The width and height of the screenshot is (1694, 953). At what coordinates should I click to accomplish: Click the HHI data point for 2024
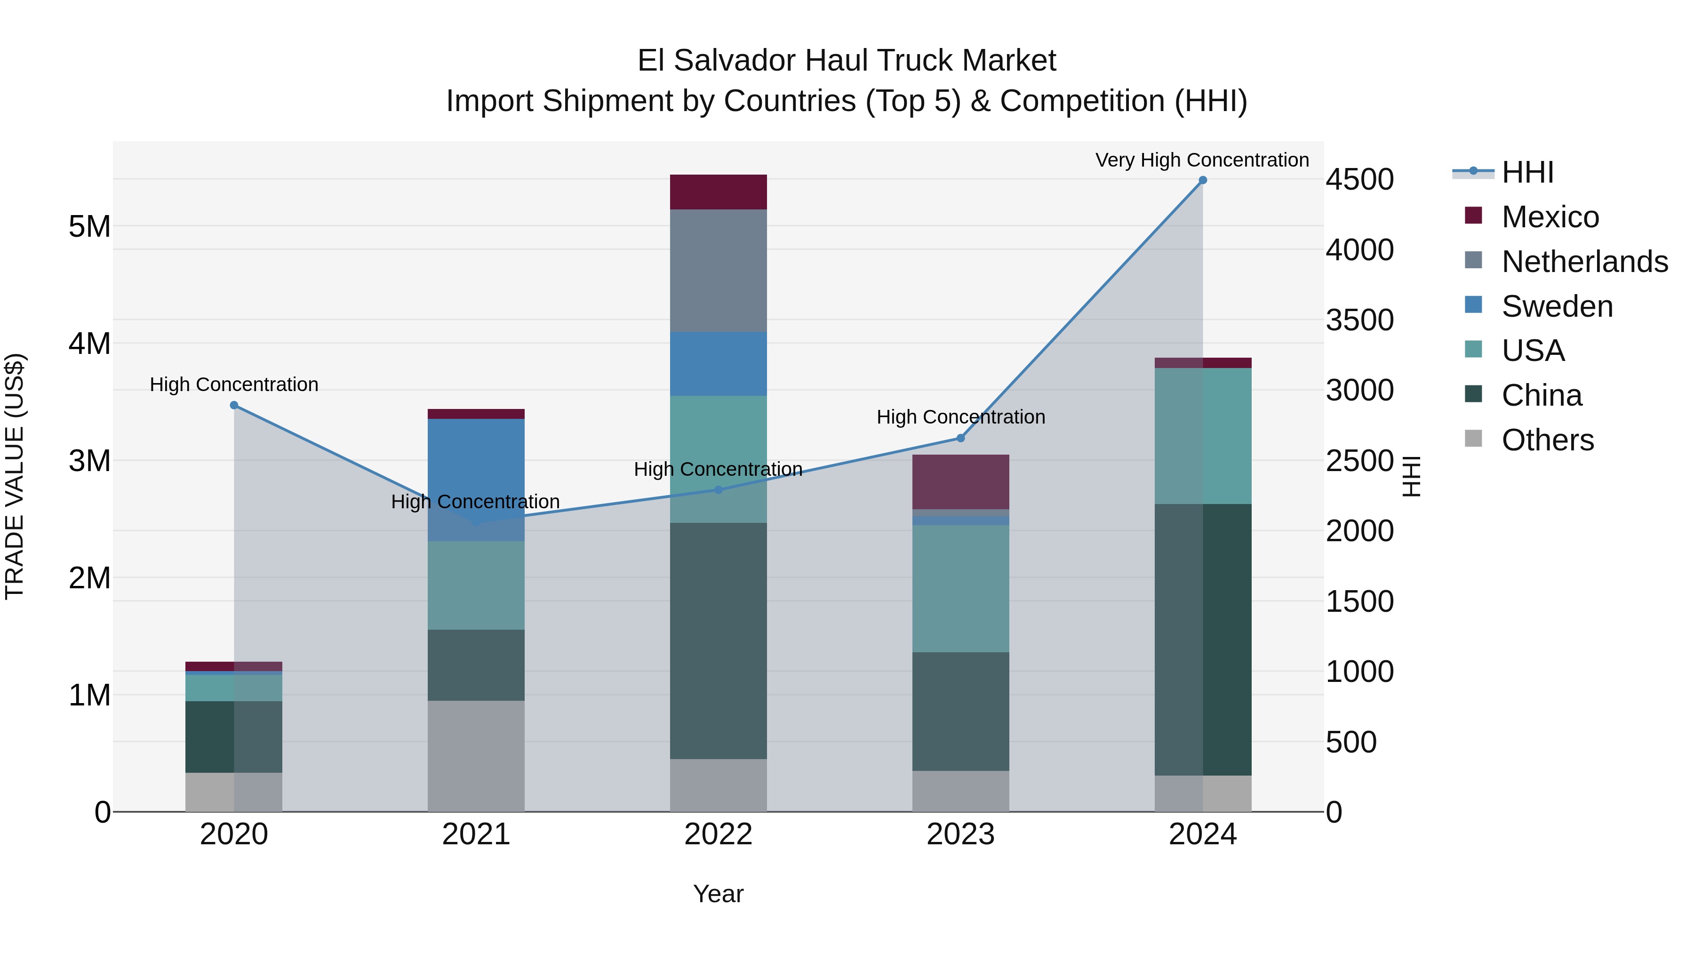pos(1202,180)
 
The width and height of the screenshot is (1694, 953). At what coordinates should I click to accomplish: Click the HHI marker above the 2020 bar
pos(234,405)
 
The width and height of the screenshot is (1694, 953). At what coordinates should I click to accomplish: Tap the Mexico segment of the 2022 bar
pos(718,192)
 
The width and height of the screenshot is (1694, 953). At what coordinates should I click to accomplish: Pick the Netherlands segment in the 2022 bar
pos(718,270)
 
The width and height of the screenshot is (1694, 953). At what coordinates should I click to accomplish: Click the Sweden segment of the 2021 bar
pos(476,480)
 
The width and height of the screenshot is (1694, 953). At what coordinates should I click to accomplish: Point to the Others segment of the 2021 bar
pos(476,756)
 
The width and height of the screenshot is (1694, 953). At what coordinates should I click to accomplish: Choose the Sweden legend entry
pos(1557,306)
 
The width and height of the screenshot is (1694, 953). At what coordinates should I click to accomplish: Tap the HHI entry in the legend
pos(1527,172)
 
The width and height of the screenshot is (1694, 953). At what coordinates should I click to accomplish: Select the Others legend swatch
pos(1474,439)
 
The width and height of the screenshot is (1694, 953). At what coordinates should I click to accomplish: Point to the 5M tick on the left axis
pos(89,227)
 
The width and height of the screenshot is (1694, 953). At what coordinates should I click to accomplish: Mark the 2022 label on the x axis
pos(718,834)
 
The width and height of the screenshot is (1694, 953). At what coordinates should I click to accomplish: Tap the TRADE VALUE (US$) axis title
pos(15,476)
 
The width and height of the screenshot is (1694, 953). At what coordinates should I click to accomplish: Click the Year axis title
pos(718,894)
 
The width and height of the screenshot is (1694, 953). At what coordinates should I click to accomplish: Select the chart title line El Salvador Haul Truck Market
pos(847,61)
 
